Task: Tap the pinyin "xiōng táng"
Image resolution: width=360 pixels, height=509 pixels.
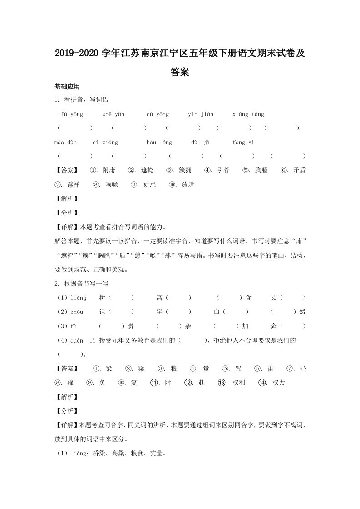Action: click(x=248, y=114)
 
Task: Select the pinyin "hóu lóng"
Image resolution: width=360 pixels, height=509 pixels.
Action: click(x=159, y=142)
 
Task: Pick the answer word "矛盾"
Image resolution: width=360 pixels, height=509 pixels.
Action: click(x=299, y=171)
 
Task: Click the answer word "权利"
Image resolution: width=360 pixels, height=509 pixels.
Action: click(x=238, y=382)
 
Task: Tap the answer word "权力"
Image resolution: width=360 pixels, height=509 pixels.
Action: click(x=279, y=382)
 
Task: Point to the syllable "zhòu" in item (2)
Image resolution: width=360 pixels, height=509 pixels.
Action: click(x=77, y=312)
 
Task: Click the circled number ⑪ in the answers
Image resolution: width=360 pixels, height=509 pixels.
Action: click(x=154, y=382)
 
